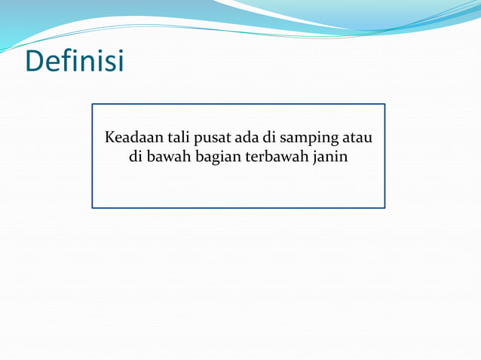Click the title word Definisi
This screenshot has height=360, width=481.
(x=75, y=61)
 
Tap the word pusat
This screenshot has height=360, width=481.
(x=215, y=140)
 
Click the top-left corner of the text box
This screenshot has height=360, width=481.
(x=93, y=105)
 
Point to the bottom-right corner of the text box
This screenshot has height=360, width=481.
(x=384, y=207)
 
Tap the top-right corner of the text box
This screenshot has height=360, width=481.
(x=384, y=105)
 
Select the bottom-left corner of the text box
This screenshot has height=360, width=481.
(x=93, y=207)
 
